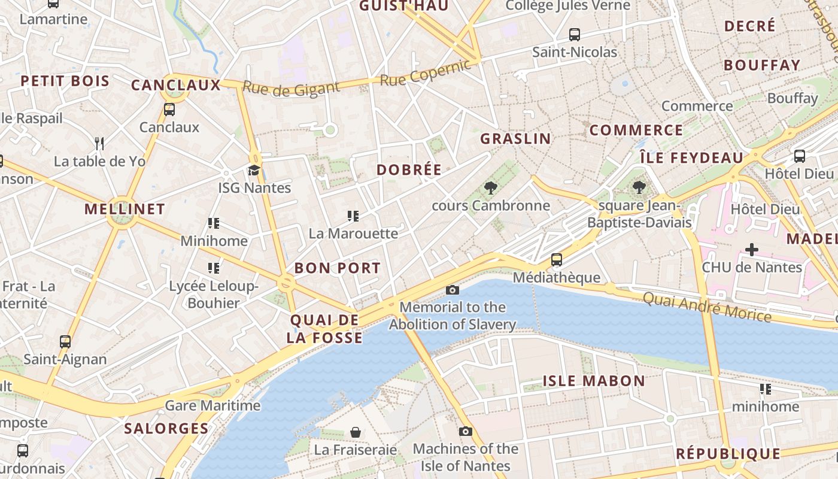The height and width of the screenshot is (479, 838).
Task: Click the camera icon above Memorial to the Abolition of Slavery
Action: pos(453,290)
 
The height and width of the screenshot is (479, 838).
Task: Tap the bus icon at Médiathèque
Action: pos(557,260)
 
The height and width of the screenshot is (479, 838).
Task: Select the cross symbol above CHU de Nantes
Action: pos(752,249)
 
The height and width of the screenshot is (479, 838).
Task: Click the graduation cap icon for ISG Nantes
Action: pos(254,170)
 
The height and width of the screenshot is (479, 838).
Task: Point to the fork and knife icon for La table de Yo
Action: pos(99,143)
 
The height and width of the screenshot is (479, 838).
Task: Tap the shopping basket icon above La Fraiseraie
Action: pos(356,432)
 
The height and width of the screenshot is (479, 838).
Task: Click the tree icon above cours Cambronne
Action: pos(491,188)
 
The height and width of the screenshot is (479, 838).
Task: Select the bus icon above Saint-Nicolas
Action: pos(575,34)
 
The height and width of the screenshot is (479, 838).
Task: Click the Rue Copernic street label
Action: pos(426,73)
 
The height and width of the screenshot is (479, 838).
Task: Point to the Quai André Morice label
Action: pos(707,306)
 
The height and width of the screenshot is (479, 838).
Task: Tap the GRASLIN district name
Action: pos(515,138)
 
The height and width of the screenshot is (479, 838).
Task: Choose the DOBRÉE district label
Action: pos(409,169)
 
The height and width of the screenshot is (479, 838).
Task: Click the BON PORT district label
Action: pos(338,268)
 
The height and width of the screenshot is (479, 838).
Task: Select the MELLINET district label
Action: pos(125,209)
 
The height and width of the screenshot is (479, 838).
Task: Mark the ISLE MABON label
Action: pos(594,381)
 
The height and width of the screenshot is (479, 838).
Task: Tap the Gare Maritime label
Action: pos(212,405)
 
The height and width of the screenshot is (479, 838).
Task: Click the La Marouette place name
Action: pos(353,234)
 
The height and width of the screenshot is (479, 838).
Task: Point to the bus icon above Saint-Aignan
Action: pos(65,342)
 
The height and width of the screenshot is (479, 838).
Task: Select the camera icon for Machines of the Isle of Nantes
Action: pos(465,432)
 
